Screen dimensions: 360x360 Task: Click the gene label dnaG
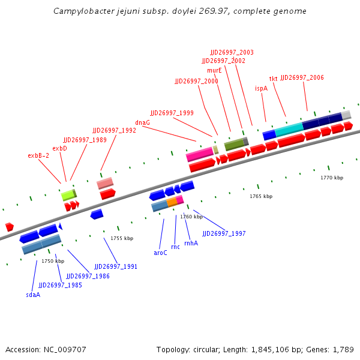click(142, 122)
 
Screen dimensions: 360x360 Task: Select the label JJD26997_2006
click(302, 77)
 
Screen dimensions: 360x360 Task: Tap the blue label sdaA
click(33, 295)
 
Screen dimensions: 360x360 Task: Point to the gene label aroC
click(160, 253)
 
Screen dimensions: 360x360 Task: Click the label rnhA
click(191, 243)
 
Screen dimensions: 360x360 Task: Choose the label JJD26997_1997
click(224, 233)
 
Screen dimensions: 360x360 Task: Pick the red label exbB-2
click(38, 155)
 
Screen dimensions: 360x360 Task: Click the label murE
click(214, 70)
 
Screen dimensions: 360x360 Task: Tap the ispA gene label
click(261, 88)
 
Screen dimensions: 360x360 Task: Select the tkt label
click(273, 79)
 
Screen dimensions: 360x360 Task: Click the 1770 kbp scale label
click(331, 178)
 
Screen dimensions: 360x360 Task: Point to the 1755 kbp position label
click(121, 238)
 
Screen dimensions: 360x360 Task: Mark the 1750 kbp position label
click(53, 261)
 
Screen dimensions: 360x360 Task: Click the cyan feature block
click(289, 128)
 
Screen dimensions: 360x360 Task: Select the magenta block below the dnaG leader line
click(199, 155)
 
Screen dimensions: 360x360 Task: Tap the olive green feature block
click(235, 144)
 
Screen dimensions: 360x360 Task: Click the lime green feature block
click(68, 194)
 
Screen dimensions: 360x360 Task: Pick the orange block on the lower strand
click(172, 203)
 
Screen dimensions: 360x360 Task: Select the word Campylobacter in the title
click(81, 11)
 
